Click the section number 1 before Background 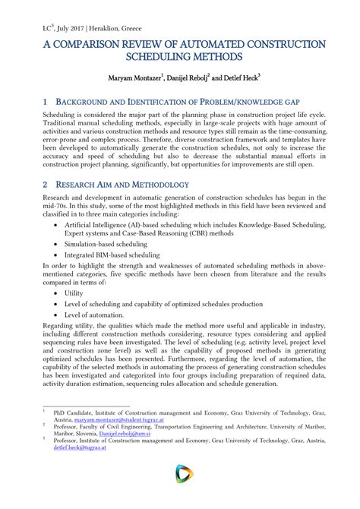coord(46,102)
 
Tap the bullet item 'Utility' coord(74,292)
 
